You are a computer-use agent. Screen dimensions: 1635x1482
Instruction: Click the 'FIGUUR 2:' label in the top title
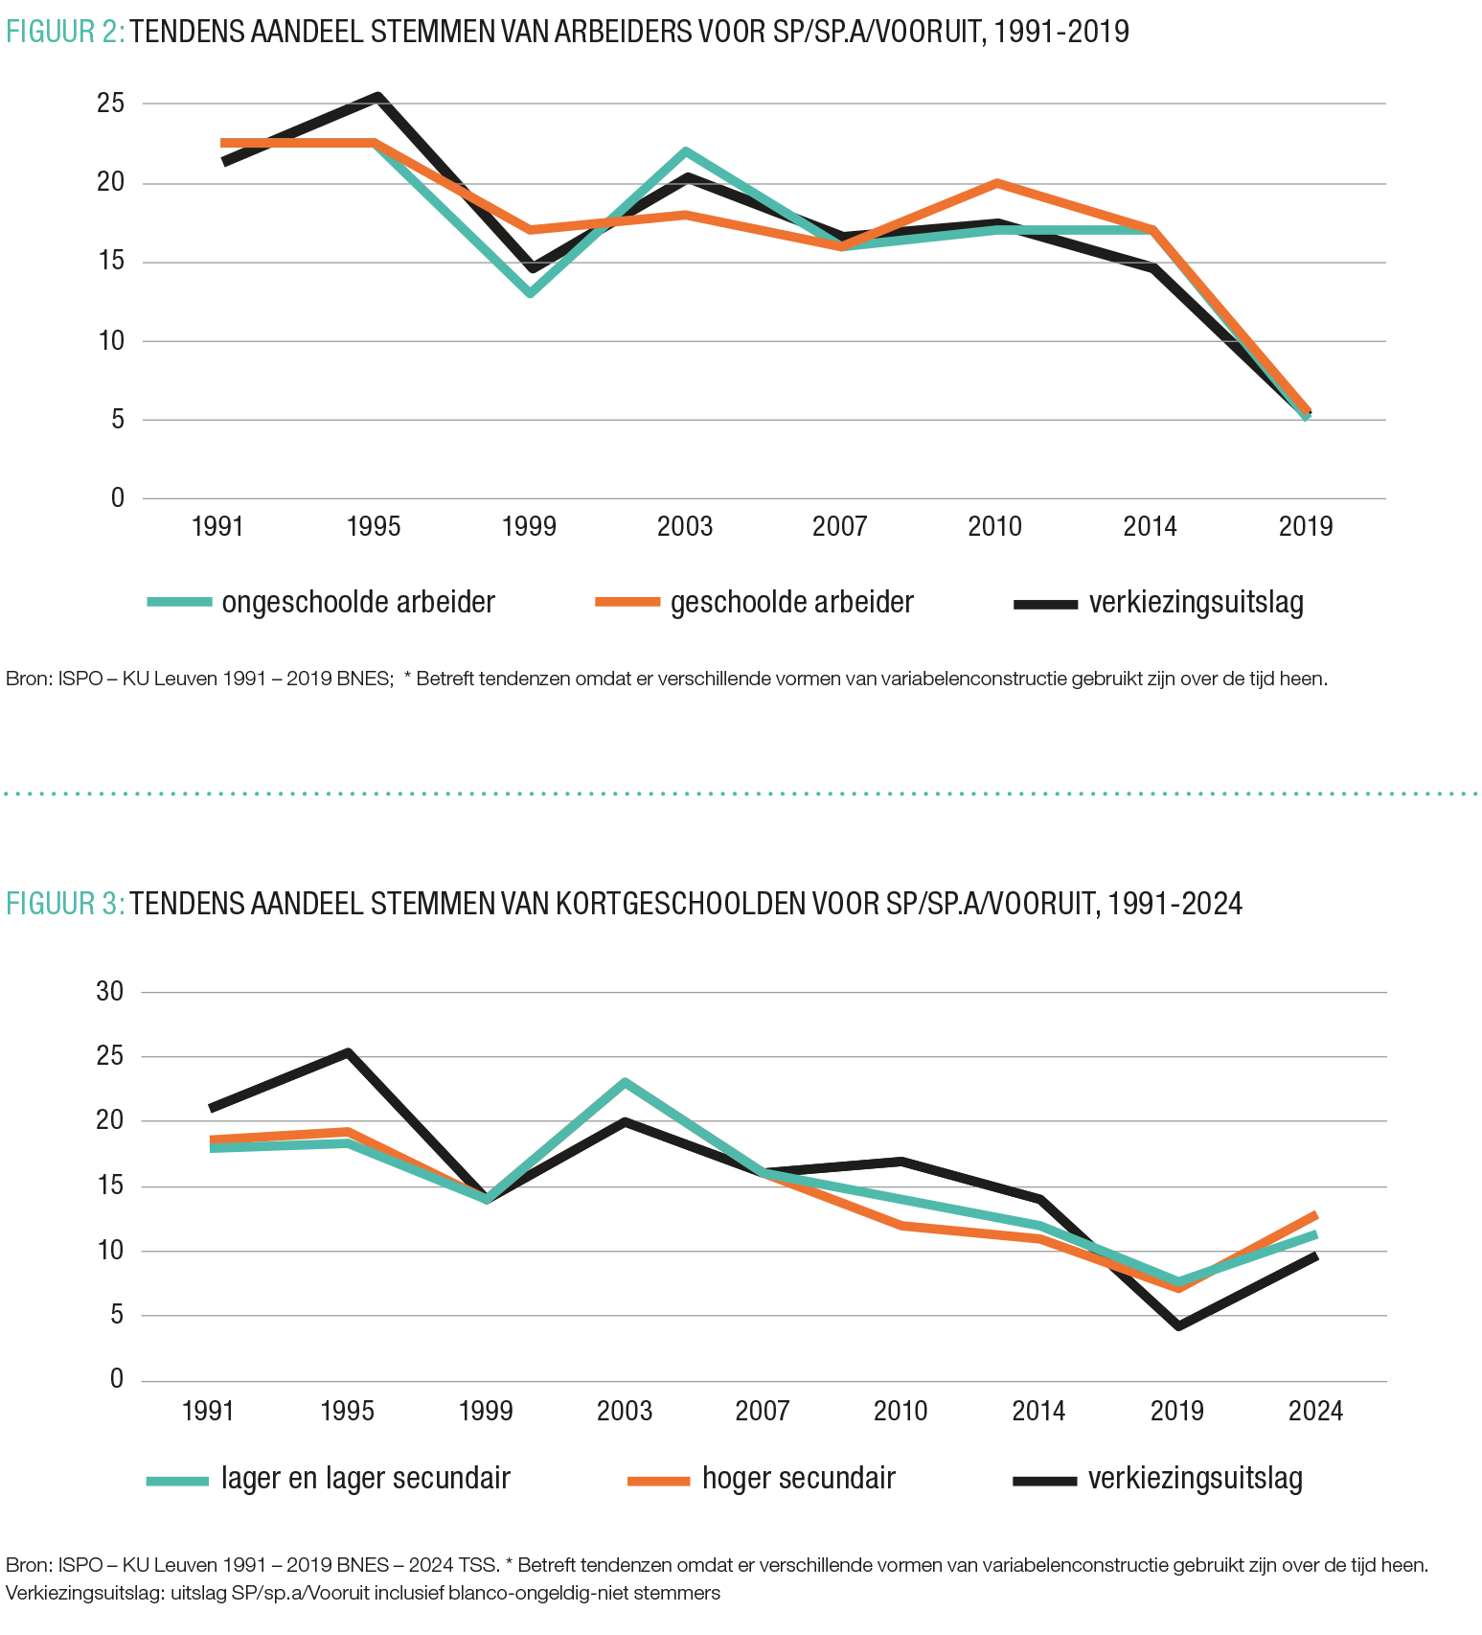pyautogui.click(x=65, y=33)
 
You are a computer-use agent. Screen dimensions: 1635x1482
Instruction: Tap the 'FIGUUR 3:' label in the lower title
pyautogui.click(x=65, y=904)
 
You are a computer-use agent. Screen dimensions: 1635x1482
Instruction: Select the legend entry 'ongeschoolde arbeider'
pyautogui.click(x=357, y=603)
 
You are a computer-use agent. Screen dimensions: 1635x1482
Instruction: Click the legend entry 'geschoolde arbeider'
pyautogui.click(x=791, y=603)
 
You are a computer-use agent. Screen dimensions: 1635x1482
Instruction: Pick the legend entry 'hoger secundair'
pyautogui.click(x=798, y=1479)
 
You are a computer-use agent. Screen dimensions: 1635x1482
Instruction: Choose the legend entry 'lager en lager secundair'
pyautogui.click(x=365, y=1479)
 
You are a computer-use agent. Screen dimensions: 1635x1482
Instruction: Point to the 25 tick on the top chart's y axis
pyautogui.click(x=111, y=104)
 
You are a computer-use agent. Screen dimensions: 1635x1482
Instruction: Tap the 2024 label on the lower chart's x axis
pyautogui.click(x=1315, y=1412)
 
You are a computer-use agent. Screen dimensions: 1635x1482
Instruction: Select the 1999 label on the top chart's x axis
pyautogui.click(x=529, y=527)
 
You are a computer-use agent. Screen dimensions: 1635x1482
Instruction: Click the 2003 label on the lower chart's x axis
pyautogui.click(x=625, y=1412)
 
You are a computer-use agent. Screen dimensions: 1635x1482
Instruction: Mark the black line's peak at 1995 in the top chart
pyautogui.click(x=378, y=97)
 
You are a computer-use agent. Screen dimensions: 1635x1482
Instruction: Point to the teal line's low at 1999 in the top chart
pyautogui.click(x=530, y=292)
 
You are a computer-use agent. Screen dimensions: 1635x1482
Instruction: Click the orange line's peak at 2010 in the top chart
pyautogui.click(x=996, y=182)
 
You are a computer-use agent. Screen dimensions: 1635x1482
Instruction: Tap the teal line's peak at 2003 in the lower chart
pyautogui.click(x=625, y=1083)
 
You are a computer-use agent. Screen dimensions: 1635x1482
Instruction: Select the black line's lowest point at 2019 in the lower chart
pyautogui.click(x=1178, y=1326)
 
